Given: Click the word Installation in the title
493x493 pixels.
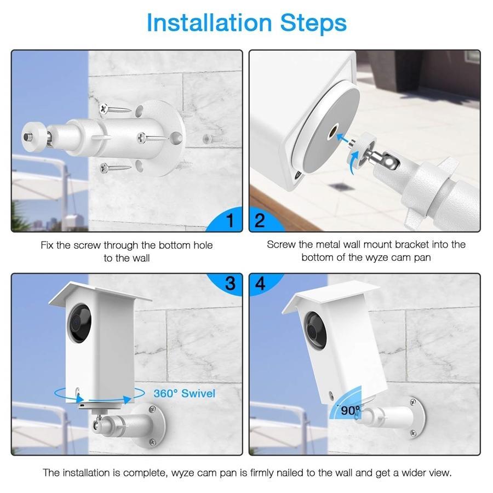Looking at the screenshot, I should tap(209, 23).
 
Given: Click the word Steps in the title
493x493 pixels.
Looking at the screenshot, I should tap(313, 23).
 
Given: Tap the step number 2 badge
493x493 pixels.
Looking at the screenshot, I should tap(260, 220).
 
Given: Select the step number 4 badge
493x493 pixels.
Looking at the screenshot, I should tap(260, 283).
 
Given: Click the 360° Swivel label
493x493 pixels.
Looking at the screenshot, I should tap(184, 393).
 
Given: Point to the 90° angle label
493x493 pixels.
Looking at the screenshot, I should tap(349, 410).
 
